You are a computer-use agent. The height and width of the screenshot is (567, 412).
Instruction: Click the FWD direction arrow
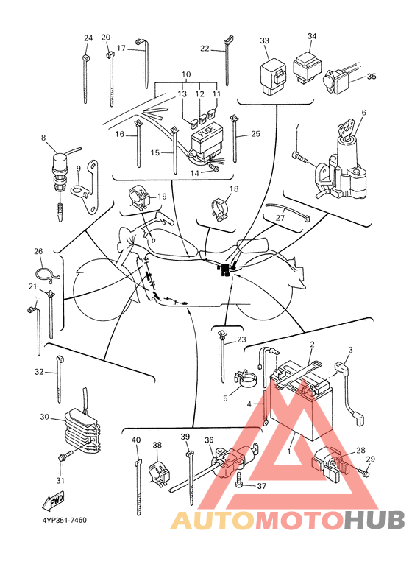click(x=53, y=500)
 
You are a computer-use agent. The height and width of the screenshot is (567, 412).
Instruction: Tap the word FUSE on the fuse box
click(x=206, y=132)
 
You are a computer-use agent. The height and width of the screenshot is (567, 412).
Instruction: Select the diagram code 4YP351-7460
click(x=65, y=520)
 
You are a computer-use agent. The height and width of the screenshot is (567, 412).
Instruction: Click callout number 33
click(x=265, y=40)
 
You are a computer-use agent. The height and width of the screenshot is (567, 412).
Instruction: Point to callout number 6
click(x=363, y=113)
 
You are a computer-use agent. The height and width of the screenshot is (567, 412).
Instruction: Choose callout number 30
click(x=44, y=417)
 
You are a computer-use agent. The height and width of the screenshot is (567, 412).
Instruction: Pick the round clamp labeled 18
click(x=220, y=210)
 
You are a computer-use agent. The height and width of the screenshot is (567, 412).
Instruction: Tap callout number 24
click(x=88, y=38)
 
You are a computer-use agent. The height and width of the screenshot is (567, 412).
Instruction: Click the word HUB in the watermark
click(x=374, y=520)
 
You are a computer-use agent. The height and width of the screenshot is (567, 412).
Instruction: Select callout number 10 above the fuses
click(x=185, y=75)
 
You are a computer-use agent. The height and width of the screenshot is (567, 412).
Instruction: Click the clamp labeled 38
click(x=159, y=472)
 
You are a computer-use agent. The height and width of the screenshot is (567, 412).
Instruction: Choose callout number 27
click(x=280, y=218)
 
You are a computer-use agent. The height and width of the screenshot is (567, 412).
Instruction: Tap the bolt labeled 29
click(x=363, y=471)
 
